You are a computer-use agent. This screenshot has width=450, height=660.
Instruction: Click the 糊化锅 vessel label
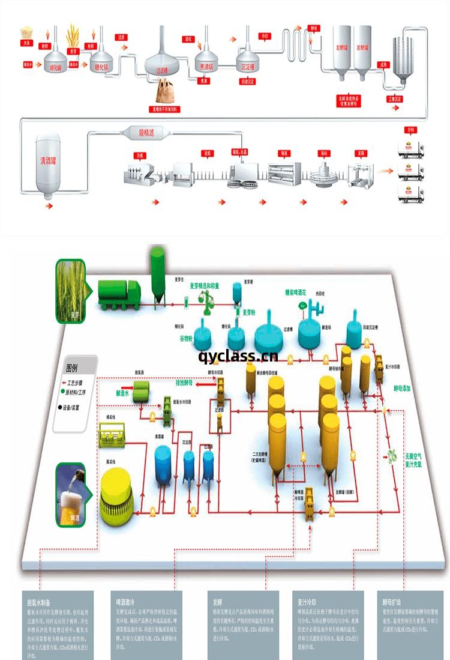[x=56, y=67]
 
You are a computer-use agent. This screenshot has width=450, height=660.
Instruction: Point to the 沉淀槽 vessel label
[x=248, y=66]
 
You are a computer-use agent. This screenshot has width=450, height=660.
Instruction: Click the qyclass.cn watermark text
[x=238, y=356]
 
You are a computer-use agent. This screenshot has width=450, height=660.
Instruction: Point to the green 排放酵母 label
[x=188, y=382]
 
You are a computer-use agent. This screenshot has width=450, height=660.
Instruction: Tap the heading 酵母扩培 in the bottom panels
[x=392, y=601]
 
